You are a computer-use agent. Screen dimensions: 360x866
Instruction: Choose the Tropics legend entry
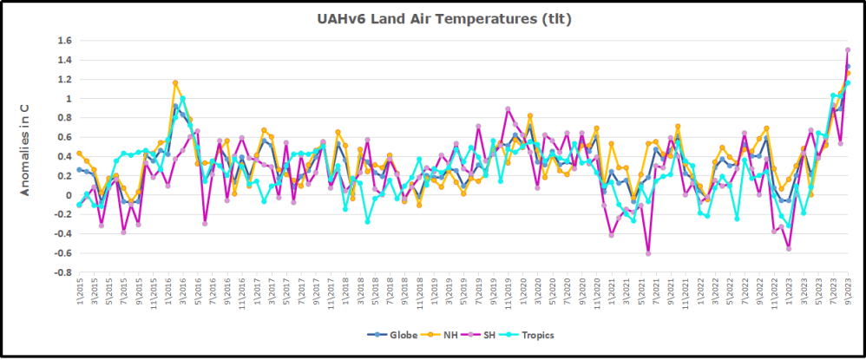point(537,335)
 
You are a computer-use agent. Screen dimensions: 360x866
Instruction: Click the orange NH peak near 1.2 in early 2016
point(175,83)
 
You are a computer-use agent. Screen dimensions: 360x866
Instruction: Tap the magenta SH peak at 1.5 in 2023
point(848,50)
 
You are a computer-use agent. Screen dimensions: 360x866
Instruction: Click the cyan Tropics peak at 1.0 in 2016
point(182,99)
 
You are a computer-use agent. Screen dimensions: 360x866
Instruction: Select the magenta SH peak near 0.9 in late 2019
point(508,109)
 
